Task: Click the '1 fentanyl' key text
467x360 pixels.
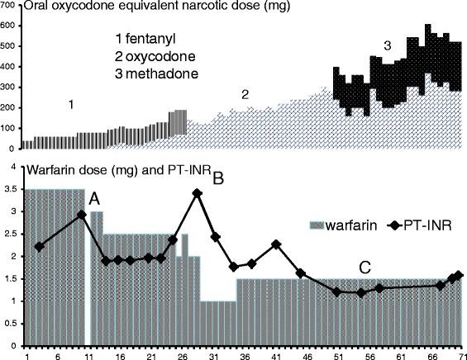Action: [x=148, y=39]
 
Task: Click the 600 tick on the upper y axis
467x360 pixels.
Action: [x=9, y=25]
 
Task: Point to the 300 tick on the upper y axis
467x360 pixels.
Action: [x=9, y=88]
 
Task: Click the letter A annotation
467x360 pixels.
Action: [x=95, y=198]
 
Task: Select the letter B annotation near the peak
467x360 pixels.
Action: [x=219, y=176]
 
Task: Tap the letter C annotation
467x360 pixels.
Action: [x=365, y=268]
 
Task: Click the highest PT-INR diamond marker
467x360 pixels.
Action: [x=197, y=193]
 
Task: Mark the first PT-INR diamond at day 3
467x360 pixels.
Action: [x=40, y=247]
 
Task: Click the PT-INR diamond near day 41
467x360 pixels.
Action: [x=276, y=244]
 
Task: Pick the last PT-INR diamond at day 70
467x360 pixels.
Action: [x=459, y=275]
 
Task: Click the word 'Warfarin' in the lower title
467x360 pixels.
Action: [x=53, y=171]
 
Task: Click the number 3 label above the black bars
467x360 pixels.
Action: [x=386, y=43]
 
